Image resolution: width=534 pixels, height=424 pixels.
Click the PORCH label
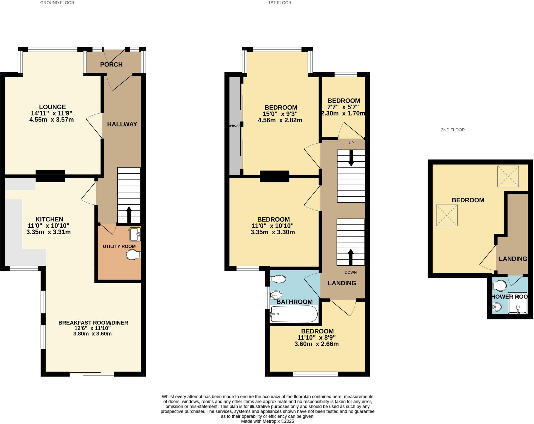click(x=111, y=64)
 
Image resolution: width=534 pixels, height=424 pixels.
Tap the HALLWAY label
click(x=122, y=124)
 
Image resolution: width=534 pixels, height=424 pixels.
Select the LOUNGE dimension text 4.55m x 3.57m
click(x=52, y=120)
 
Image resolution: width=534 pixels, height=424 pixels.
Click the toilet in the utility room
click(x=133, y=255)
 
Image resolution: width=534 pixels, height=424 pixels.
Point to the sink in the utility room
click(x=135, y=234)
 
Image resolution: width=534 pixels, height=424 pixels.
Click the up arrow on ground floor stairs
click(x=129, y=214)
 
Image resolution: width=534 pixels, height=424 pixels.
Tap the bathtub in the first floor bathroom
click(x=294, y=314)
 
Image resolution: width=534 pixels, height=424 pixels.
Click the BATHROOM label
click(x=294, y=302)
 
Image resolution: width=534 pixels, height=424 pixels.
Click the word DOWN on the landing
click(x=350, y=272)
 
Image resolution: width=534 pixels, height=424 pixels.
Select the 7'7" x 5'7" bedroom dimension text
click(x=343, y=107)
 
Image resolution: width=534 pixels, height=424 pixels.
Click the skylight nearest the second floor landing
click(x=508, y=177)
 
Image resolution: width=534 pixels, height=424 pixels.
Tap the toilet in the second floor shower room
click(x=499, y=286)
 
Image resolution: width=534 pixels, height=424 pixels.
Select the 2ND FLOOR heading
click(x=453, y=130)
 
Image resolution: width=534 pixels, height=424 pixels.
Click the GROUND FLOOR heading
click(x=57, y=3)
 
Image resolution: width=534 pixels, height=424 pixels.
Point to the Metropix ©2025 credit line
click(x=267, y=421)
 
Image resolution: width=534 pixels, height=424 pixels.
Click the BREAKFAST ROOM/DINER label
click(x=93, y=323)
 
